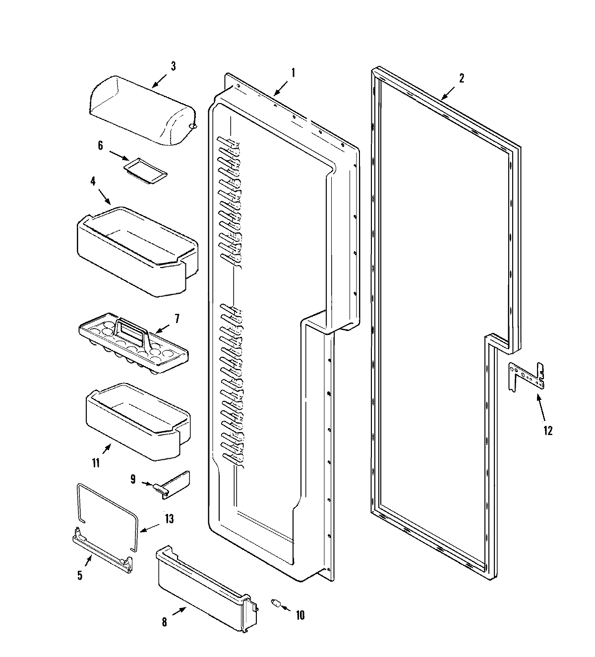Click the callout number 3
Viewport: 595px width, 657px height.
[x=173, y=66]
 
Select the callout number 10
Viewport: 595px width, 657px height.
[x=300, y=615]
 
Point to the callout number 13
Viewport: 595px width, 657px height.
[x=169, y=519]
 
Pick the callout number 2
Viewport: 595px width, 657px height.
[x=461, y=78]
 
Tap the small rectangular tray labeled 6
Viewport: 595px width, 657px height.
[x=145, y=170]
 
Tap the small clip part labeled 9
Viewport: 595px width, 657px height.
[x=173, y=484]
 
